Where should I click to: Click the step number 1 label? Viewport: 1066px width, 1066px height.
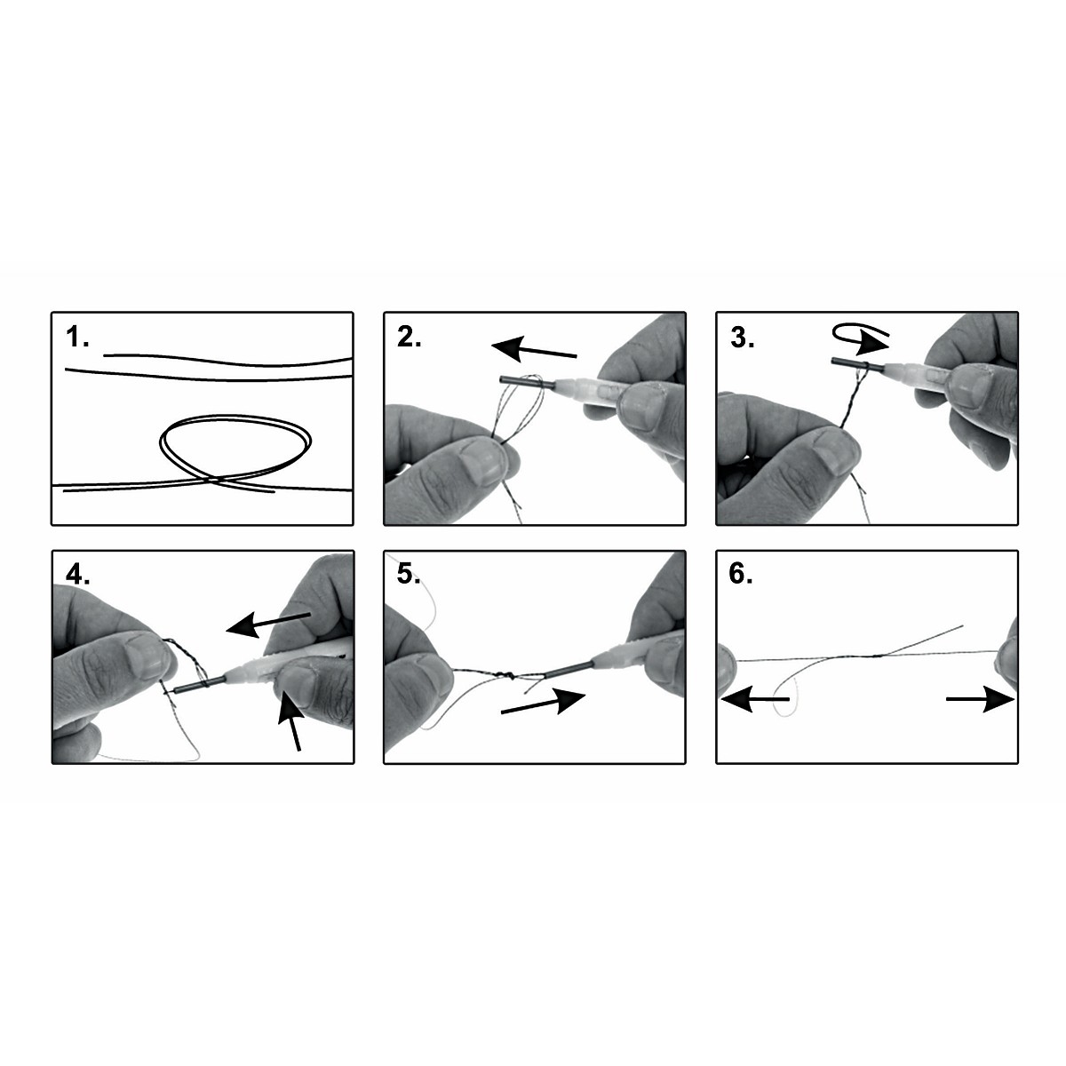(77, 338)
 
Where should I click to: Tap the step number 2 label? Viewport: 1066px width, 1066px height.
(409, 338)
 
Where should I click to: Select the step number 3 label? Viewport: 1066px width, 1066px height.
(742, 338)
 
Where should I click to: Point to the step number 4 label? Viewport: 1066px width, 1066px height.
(77, 576)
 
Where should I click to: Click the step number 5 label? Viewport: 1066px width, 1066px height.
(409, 576)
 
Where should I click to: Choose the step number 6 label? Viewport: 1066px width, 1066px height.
(741, 576)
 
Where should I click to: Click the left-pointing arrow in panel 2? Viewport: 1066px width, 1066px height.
(534, 351)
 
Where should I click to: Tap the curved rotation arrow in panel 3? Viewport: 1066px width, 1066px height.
(860, 338)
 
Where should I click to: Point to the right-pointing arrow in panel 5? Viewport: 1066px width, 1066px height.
(543, 703)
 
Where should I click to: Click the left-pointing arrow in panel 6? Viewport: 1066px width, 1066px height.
(755, 699)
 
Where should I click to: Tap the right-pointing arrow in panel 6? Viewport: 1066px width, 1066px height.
(980, 699)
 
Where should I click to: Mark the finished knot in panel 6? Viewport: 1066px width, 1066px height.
(878, 656)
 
